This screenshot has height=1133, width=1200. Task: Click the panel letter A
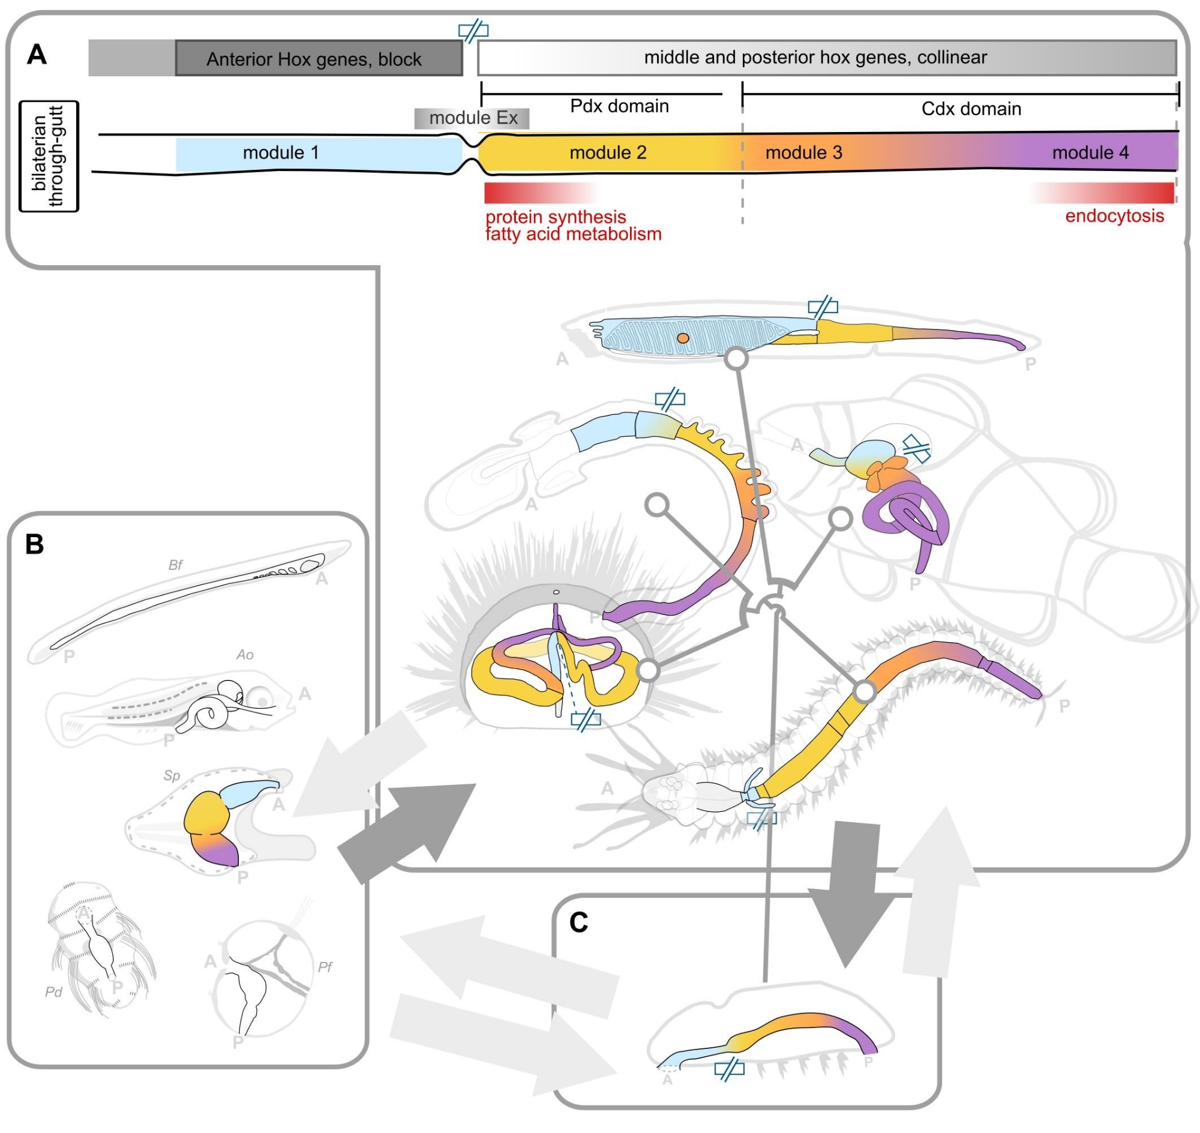pos(37,55)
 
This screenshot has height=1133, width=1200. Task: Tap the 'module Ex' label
pos(472,118)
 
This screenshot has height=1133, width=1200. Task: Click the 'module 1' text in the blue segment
pos(280,152)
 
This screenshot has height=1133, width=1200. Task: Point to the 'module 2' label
pos(608,152)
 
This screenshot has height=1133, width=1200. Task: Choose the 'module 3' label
pos(803,152)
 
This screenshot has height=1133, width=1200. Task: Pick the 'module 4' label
pos(1090,152)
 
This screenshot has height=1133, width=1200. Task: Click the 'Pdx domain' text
pos(619,106)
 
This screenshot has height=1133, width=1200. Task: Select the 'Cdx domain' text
pos(971,109)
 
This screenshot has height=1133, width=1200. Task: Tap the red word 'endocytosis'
pos(1114,216)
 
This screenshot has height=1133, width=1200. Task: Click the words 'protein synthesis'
pos(555,216)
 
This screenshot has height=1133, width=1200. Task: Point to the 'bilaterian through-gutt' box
pos(49,157)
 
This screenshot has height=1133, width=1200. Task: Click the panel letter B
pos(34,544)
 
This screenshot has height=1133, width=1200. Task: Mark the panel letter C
pos(578,922)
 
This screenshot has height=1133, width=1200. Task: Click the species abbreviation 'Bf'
pos(175,565)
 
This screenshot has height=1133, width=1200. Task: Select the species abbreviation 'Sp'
pos(172,775)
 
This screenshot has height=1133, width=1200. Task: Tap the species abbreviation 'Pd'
pos(54,992)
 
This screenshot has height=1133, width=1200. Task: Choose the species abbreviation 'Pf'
pos(325,967)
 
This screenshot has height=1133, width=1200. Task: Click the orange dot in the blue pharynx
pos(682,338)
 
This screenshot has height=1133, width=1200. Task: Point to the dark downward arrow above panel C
pos(851,894)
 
